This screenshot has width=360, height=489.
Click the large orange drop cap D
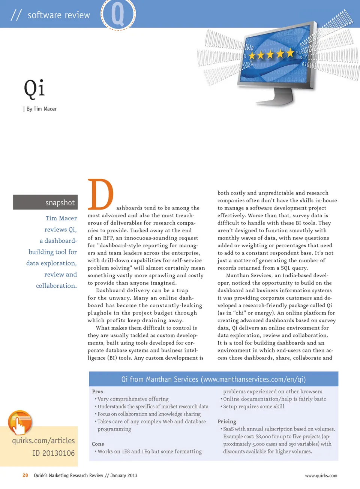point(100,195)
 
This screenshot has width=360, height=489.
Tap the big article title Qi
point(34,89)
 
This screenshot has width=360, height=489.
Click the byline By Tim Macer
point(41,109)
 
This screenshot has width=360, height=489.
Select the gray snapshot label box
point(45,202)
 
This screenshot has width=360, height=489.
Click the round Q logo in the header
point(118,14)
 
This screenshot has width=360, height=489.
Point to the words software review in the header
point(58,15)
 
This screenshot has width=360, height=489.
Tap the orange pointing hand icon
point(19,423)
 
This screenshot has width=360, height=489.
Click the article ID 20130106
point(53,453)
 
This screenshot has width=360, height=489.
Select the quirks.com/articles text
point(43,441)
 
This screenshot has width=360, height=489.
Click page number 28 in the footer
point(25,476)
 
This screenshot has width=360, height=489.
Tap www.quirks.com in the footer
point(321,476)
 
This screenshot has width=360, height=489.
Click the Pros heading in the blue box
point(97,392)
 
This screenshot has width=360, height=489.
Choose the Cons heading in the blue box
point(98,444)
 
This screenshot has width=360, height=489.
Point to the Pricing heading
point(227,422)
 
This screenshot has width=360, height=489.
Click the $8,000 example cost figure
point(263,437)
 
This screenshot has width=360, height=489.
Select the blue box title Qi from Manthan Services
point(213,379)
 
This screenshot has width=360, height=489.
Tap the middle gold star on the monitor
point(270,55)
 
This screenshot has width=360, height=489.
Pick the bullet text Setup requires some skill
point(253,407)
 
